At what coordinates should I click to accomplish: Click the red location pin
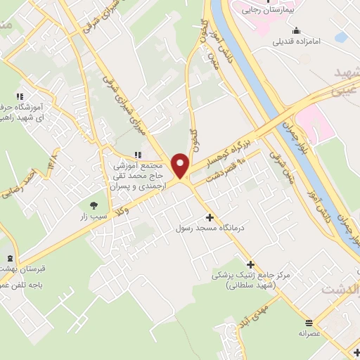[181, 165]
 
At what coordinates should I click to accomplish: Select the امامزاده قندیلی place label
[297, 41]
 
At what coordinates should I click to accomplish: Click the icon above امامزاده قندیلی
[297, 30]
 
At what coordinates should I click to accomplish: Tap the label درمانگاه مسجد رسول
[209, 229]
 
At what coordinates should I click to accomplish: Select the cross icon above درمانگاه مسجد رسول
[209, 217]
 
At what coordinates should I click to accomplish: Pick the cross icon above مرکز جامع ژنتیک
[250, 264]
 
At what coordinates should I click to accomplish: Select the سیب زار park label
[93, 217]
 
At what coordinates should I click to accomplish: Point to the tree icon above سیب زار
[94, 205]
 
